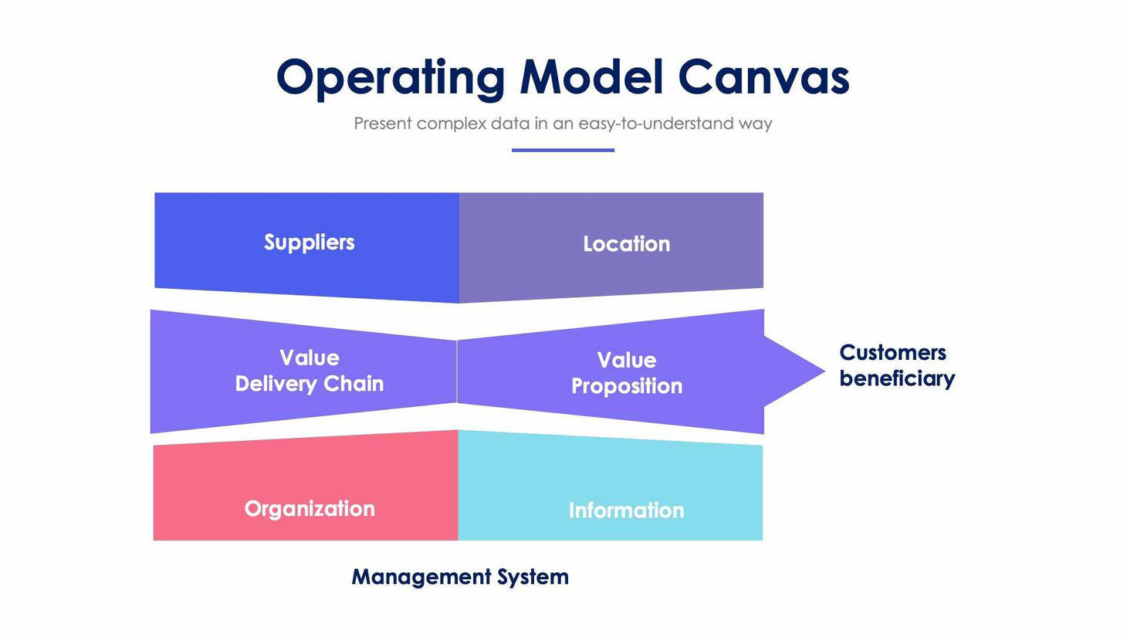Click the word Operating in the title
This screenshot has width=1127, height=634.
point(390,79)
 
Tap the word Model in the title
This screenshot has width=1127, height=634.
point(591,77)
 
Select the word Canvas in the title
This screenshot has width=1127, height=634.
point(763,77)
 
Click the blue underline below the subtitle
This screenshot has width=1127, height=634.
point(563,150)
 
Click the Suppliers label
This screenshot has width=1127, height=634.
point(309,242)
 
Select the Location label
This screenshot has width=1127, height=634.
point(626,244)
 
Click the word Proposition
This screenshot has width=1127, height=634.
point(626,386)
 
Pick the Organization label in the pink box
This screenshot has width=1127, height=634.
point(309,509)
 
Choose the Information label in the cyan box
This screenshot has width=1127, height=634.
point(626,510)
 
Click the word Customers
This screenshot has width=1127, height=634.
point(892,353)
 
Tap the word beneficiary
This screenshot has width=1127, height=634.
point(897,378)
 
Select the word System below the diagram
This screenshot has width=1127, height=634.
point(533,577)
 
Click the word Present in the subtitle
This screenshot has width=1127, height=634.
point(382,124)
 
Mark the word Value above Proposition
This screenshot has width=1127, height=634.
point(626,360)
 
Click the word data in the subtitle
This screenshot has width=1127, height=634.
point(509,124)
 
